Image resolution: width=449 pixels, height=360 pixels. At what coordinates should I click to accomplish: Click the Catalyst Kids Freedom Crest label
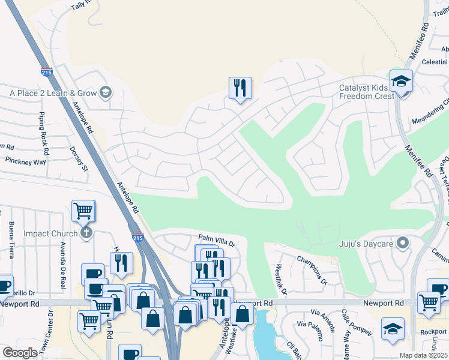pyautogui.click(x=366, y=92)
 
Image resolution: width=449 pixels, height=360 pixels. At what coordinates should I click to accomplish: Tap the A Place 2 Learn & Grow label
pyautogui.click(x=53, y=93)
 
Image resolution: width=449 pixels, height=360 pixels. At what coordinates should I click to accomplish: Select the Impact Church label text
pyautogui.click(x=51, y=233)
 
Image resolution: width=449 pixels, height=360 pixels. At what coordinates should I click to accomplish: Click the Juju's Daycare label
pyautogui.click(x=367, y=243)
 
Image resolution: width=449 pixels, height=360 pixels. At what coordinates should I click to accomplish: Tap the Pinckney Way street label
pyautogui.click(x=25, y=162)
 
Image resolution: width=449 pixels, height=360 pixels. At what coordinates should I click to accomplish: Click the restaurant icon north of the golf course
pyautogui.click(x=240, y=88)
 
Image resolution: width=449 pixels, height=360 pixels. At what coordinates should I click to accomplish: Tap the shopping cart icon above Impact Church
pyautogui.click(x=83, y=211)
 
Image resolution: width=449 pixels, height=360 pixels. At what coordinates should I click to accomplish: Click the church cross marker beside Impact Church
pyautogui.click(x=86, y=233)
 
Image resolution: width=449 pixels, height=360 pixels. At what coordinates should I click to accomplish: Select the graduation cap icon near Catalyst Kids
pyautogui.click(x=400, y=80)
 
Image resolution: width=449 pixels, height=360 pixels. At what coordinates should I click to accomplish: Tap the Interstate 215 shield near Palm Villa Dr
pyautogui.click(x=137, y=238)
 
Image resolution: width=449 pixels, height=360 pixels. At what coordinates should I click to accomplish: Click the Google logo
pyautogui.click(x=20, y=353)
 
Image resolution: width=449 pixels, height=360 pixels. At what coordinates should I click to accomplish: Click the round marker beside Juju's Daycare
pyautogui.click(x=403, y=243)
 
